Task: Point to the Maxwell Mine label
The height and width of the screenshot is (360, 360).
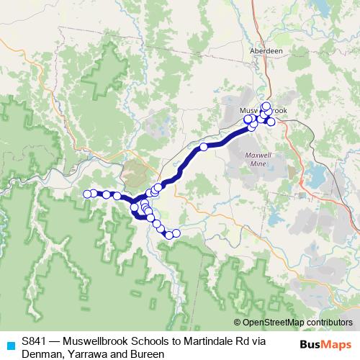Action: [256, 160]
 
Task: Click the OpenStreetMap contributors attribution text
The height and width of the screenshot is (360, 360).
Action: [293, 322]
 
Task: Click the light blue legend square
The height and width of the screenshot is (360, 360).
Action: [9, 344]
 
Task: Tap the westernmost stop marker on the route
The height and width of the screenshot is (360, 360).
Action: [87, 194]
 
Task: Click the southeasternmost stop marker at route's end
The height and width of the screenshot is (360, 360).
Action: [176, 233]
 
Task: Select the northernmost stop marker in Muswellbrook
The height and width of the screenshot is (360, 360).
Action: [266, 107]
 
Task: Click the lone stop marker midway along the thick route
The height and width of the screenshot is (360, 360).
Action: [204, 147]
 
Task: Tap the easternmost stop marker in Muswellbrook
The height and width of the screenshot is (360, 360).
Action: [271, 122]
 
